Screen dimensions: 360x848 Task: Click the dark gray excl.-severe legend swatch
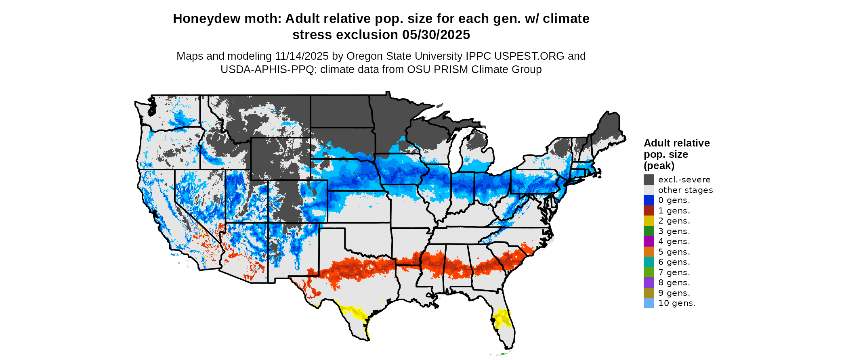(x=649, y=180)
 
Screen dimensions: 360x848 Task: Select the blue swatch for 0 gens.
(x=649, y=200)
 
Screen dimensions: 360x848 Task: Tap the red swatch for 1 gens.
(x=649, y=211)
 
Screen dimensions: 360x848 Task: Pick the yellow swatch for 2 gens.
(x=649, y=221)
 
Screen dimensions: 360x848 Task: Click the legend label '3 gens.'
(x=674, y=231)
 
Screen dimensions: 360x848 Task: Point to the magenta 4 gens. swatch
(x=649, y=241)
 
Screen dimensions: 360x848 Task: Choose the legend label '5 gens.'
(x=674, y=252)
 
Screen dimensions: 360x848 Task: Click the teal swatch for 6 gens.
(x=649, y=262)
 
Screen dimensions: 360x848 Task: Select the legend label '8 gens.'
(x=674, y=283)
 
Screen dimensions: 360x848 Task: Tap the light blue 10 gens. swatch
(x=649, y=303)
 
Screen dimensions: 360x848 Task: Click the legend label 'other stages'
(x=685, y=190)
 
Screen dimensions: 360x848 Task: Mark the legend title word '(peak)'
(x=659, y=166)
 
